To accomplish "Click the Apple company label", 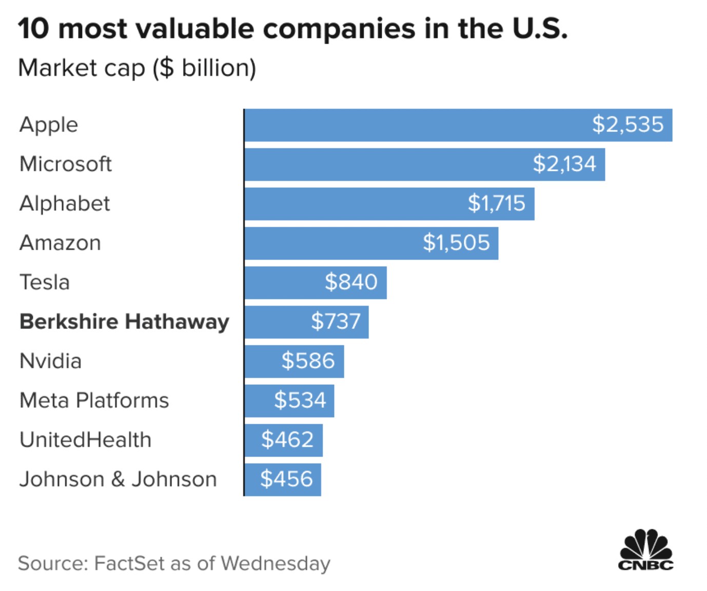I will tap(49, 125).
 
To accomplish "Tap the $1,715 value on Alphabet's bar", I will tap(496, 204).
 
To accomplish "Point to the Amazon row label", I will tap(60, 243).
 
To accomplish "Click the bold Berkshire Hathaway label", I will tap(124, 322).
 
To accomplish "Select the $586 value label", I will tap(308, 361).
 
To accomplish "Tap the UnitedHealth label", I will tap(85, 440).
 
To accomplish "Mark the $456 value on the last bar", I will tap(286, 479).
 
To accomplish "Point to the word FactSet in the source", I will tap(129, 563).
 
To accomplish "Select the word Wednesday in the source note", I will tap(276, 563).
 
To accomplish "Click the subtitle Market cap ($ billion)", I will tap(137, 68).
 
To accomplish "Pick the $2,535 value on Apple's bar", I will tap(627, 125).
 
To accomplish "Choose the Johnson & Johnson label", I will tap(118, 480).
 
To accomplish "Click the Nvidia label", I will tap(50, 361).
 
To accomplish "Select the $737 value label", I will tap(336, 322).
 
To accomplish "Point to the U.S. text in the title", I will tap(540, 29).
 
